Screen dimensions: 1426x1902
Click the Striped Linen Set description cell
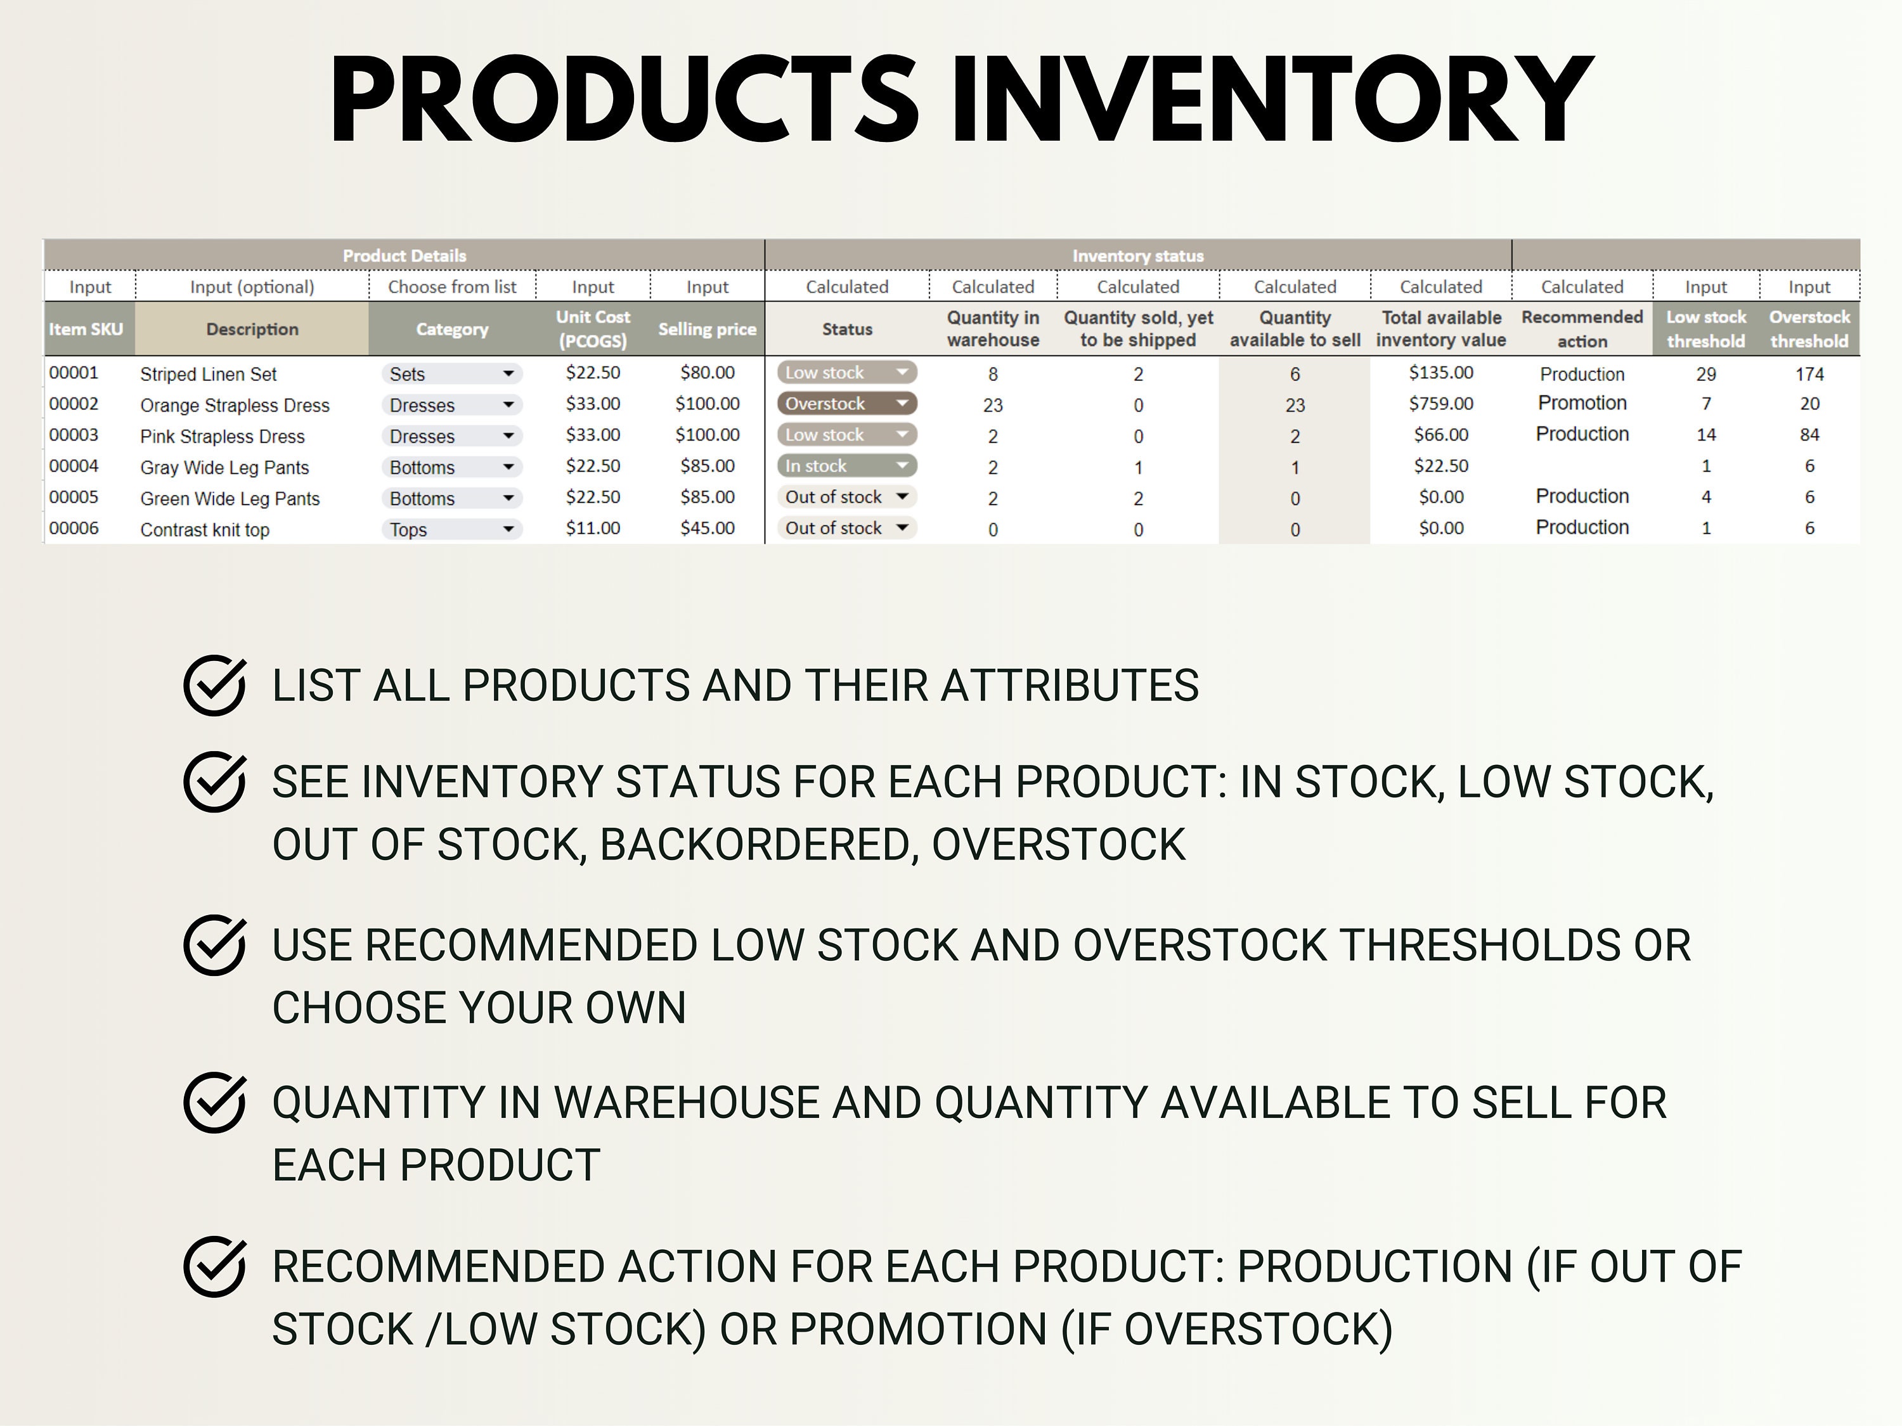[x=209, y=374]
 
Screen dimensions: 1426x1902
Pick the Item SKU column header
[x=86, y=329]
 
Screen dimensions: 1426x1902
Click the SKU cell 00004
[x=74, y=466]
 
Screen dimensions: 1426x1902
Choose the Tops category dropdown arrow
[x=508, y=529]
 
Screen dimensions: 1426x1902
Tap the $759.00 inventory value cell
[x=1440, y=404]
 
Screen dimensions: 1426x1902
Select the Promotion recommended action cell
[x=1581, y=403]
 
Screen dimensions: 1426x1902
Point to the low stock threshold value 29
[x=1706, y=374]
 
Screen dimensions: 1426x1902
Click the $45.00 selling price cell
[x=707, y=529]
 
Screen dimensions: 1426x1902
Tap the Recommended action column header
[x=1581, y=329]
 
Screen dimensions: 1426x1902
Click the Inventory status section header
[x=1137, y=256]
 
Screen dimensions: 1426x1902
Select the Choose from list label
[x=451, y=287]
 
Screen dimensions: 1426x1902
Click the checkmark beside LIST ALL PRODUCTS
[x=214, y=685]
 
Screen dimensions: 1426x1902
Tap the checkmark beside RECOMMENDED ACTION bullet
[x=214, y=1266]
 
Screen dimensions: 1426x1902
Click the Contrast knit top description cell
[x=205, y=529]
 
